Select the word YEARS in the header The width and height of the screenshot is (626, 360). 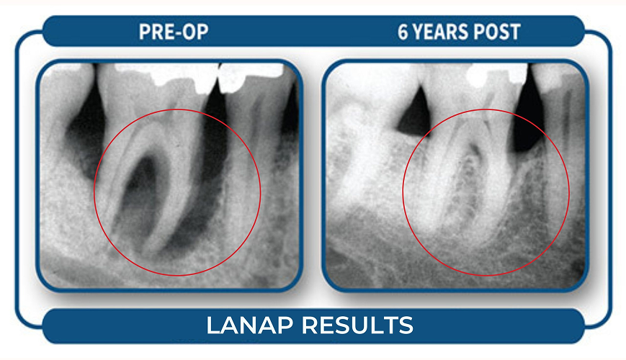(x=444, y=32)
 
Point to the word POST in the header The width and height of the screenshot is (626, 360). (x=498, y=32)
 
